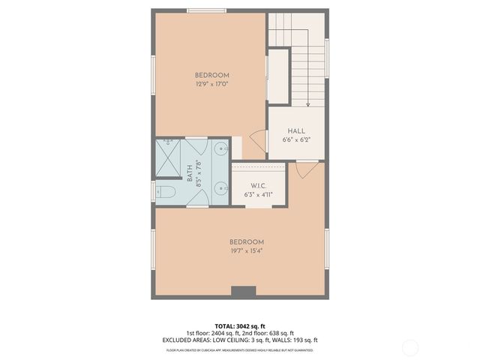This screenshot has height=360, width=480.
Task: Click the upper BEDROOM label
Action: coord(211,75)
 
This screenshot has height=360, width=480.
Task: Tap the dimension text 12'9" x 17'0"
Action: coord(211,84)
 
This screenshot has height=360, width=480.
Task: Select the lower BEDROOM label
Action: coord(247,241)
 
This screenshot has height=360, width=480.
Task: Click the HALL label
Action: coord(295,131)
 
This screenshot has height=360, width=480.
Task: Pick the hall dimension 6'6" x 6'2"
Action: coord(295,140)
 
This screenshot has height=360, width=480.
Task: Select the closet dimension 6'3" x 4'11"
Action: coord(257,194)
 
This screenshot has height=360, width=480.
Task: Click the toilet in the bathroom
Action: coord(166,193)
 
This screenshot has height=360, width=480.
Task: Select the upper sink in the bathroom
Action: coord(220,149)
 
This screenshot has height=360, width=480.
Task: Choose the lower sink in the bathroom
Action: coord(220,189)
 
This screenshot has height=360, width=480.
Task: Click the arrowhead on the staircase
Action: coord(308,104)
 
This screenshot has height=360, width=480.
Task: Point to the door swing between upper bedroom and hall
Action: coord(258,139)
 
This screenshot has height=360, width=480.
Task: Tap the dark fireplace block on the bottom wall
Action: coord(243,292)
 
